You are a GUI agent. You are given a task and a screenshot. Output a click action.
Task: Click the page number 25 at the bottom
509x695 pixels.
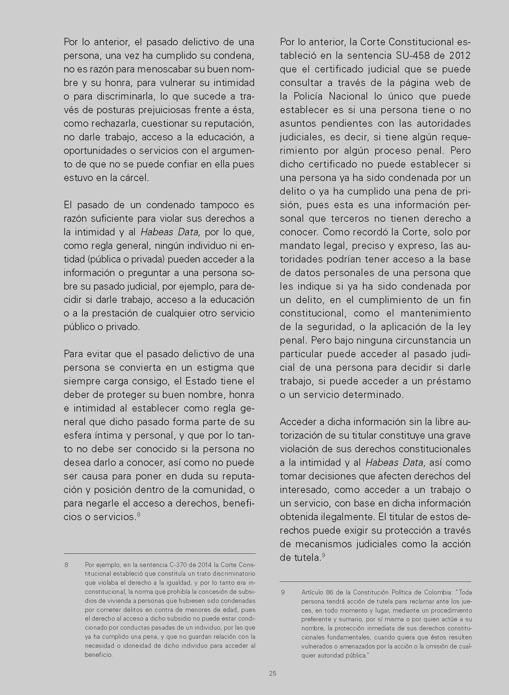pos(272,673)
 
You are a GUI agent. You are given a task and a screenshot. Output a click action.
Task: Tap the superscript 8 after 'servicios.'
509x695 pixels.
pos(138,514)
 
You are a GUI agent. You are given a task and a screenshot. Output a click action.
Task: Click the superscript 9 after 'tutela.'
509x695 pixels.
pos(323,555)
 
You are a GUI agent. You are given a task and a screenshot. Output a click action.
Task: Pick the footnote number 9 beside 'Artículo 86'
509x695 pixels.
pos(283,592)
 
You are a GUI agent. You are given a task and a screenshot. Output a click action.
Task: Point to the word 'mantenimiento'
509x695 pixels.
pos(436,313)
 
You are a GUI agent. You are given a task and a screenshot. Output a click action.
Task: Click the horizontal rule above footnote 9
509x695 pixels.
pos(375,581)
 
